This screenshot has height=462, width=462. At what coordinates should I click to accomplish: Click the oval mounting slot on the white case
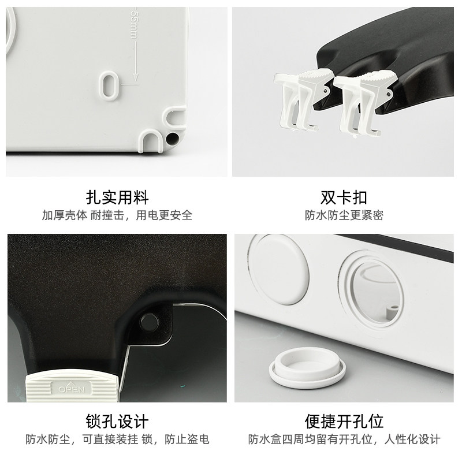(x=109, y=85)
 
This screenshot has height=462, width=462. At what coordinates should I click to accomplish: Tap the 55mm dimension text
(x=135, y=25)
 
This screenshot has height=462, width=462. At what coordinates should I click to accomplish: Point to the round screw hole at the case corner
(x=172, y=138)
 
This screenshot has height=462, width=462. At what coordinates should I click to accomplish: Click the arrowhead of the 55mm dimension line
(x=135, y=77)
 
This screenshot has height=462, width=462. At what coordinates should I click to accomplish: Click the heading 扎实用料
(x=117, y=198)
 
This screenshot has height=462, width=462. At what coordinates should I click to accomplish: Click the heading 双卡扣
(x=344, y=198)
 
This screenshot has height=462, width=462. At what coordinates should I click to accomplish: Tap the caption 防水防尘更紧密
(x=344, y=215)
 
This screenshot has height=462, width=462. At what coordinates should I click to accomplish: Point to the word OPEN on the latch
(x=72, y=389)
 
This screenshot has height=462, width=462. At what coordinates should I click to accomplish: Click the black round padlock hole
(x=149, y=322)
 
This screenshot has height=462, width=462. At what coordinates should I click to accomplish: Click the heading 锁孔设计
(x=117, y=422)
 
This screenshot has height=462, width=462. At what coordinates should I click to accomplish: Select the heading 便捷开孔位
(x=344, y=422)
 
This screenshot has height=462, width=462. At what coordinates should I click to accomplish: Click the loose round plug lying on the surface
(x=307, y=367)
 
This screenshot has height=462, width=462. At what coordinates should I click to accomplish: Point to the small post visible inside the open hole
(x=391, y=312)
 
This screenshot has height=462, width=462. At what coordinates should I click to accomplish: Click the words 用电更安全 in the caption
(x=164, y=215)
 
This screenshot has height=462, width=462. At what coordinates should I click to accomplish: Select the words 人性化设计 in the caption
(x=412, y=439)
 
